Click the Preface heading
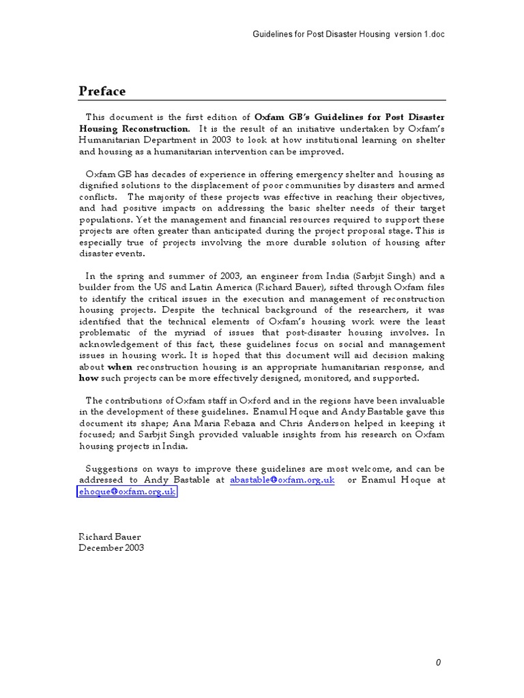tap(102, 91)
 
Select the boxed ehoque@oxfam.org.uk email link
tap(127, 491)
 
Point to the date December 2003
tap(111, 547)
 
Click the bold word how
tap(89, 378)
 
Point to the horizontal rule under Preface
tap(262, 101)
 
